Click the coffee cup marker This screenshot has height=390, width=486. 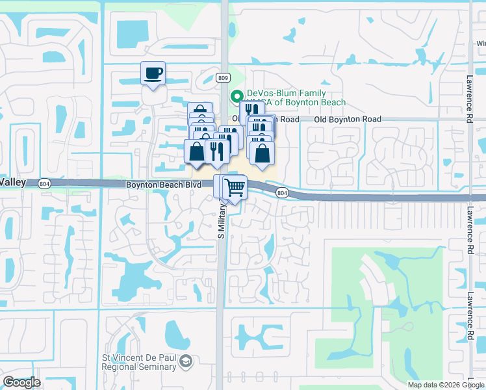pyautogui.click(x=153, y=73)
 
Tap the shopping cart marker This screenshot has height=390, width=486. pyautogui.click(x=235, y=188)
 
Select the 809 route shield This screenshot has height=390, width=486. pyautogui.click(x=223, y=78)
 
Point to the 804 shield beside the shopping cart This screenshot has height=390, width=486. pyautogui.click(x=281, y=193)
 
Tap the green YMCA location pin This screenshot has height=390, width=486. pyautogui.click(x=238, y=94)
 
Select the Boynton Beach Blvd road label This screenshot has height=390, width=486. pyautogui.click(x=162, y=185)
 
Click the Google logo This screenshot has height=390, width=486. pyautogui.click(x=21, y=382)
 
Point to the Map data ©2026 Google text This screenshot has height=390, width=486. pyautogui.click(x=446, y=384)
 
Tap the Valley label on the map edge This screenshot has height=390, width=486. pyautogui.click(x=13, y=183)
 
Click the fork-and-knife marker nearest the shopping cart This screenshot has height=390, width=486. pyautogui.click(x=214, y=151)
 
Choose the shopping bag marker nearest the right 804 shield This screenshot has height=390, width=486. pyautogui.click(x=262, y=153)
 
